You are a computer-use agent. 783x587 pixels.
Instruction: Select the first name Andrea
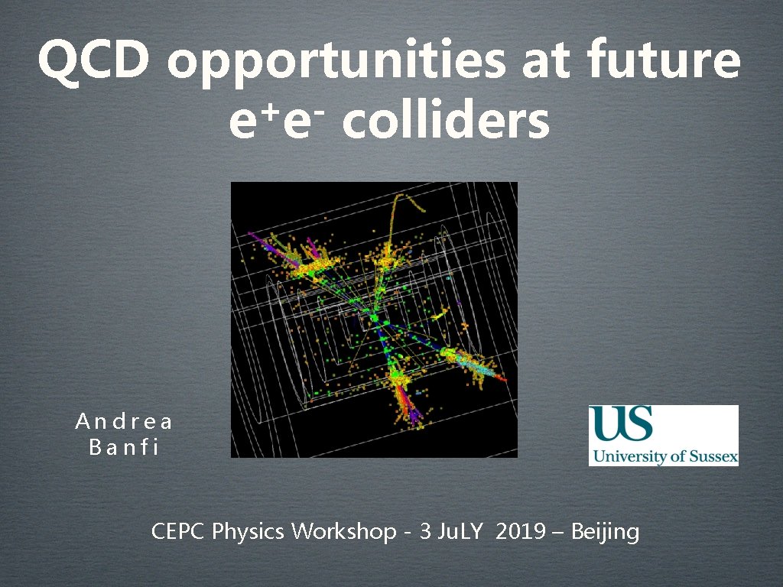124,421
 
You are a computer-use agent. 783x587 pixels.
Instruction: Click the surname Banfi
124,447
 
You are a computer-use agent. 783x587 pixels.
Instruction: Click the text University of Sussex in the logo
663,457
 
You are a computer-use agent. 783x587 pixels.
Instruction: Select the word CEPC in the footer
179,531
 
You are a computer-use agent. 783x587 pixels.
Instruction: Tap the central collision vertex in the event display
375,317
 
